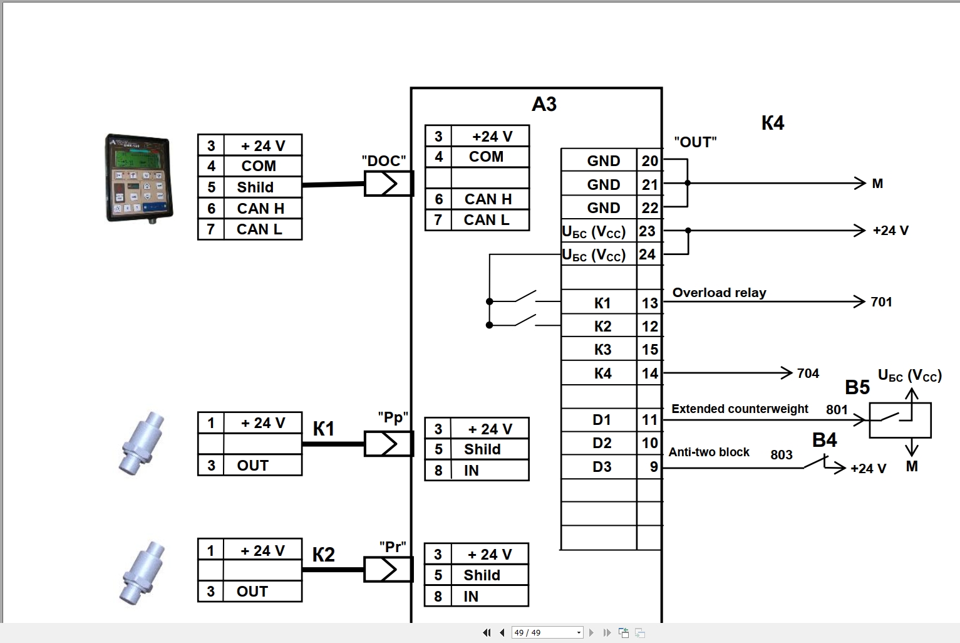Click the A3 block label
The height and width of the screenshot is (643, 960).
point(544,104)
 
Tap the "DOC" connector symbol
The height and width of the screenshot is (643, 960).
point(388,184)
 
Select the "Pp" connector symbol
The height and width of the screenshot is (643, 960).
point(388,444)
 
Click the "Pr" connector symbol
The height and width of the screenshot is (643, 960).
point(388,569)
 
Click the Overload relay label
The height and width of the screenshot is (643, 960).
point(719,293)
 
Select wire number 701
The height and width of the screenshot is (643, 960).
point(881,302)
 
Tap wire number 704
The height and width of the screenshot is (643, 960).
point(808,374)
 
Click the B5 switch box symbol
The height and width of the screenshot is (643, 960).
point(900,420)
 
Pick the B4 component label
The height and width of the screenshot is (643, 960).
point(824,441)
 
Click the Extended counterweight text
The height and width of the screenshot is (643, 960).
point(740,409)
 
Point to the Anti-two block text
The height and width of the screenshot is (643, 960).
point(709,452)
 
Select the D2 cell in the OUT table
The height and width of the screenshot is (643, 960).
point(602,443)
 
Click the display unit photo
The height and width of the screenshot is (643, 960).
point(138,178)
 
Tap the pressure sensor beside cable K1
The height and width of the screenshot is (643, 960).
point(142,443)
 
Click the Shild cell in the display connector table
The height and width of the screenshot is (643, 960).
point(255,187)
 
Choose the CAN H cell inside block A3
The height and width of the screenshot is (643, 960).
point(488,199)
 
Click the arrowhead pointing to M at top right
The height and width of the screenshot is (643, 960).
point(860,184)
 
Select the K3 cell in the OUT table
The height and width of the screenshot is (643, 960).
point(602,350)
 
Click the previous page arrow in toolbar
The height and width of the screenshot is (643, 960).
point(502,632)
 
